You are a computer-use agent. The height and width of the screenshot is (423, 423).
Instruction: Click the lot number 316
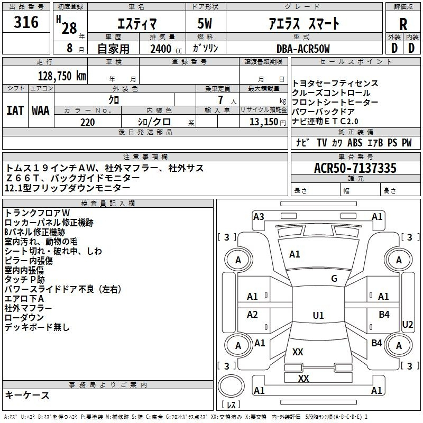26,22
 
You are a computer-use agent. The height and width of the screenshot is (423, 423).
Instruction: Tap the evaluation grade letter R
403,24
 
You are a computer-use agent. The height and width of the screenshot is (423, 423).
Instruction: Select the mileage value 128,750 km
62,76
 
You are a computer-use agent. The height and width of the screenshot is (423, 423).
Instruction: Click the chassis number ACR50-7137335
355,168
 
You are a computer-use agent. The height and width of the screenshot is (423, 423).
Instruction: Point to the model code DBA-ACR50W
303,49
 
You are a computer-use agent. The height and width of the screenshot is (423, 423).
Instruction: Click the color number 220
88,122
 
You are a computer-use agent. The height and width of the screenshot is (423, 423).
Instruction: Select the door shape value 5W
205,23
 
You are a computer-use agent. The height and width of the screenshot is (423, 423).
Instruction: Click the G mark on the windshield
334,278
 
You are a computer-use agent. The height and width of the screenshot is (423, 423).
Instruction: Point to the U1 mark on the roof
318,315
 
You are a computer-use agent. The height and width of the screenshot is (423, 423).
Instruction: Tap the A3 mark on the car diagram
259,217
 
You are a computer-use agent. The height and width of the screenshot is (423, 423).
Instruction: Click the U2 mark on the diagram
407,325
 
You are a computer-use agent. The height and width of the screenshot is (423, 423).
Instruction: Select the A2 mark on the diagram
252,314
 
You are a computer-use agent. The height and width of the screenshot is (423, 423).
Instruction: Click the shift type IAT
15,111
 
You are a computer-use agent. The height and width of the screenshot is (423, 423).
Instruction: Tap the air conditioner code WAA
41,111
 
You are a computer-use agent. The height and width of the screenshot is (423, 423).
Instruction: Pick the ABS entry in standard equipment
355,143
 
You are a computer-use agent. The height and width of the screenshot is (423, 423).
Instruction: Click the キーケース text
27,395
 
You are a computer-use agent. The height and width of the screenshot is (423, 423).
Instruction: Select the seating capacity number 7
220,100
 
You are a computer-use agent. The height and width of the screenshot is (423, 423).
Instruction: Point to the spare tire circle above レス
231,386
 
